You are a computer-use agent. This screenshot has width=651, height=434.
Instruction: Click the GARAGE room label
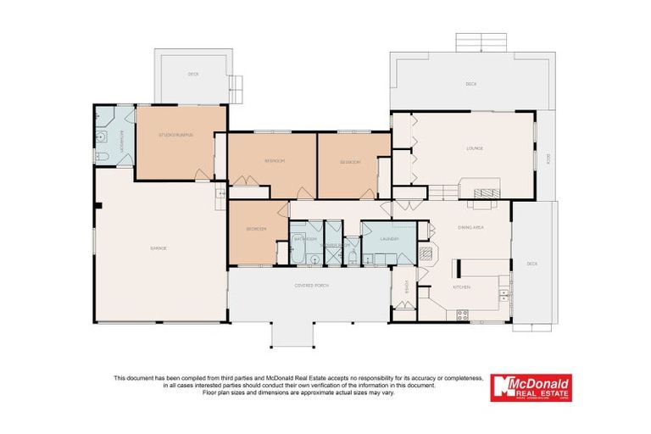(x=158, y=248)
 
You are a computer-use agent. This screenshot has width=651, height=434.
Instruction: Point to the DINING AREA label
(x=470, y=228)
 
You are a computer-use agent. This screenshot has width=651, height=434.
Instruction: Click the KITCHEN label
(x=461, y=287)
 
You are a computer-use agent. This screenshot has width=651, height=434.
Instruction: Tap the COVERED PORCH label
(x=311, y=284)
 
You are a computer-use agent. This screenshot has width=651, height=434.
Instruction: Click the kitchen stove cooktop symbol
(x=463, y=315)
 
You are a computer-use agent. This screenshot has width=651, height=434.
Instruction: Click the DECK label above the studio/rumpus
(x=193, y=75)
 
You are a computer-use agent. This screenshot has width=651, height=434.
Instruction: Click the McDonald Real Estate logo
(x=531, y=387)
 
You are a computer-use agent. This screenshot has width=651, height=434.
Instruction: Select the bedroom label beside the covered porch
(x=256, y=229)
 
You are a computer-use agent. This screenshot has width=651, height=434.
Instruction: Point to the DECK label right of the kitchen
(x=531, y=264)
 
